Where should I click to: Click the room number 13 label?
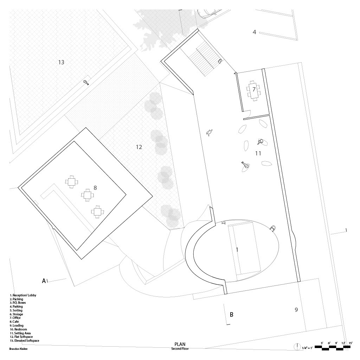(x=61, y=62)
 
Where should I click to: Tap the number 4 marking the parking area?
(x=254, y=32)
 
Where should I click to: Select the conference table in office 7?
(x=254, y=90)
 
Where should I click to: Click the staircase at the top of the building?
(x=201, y=58)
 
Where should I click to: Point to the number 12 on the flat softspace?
(x=139, y=147)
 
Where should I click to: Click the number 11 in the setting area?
(x=258, y=153)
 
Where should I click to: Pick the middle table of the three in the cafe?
(x=88, y=195)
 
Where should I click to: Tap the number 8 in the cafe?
(x=95, y=188)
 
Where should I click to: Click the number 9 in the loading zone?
(x=296, y=310)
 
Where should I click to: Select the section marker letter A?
(x=44, y=281)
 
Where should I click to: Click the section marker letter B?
(x=232, y=315)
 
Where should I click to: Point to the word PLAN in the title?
(x=180, y=345)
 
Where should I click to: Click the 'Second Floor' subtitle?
(x=180, y=349)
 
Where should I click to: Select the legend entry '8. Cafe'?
(x=15, y=322)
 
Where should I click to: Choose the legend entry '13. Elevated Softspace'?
(x=24, y=341)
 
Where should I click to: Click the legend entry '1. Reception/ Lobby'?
(x=23, y=295)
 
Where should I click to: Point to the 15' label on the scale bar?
(x=350, y=343)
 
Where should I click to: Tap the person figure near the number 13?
(x=86, y=83)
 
